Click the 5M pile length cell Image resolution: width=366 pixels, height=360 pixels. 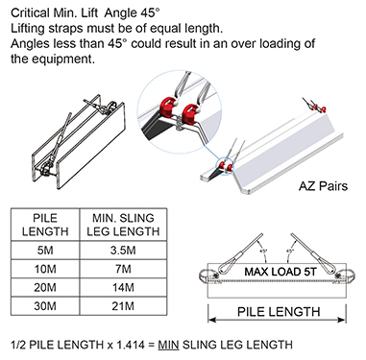click(x=45, y=251)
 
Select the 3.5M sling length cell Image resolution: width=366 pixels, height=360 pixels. click(x=123, y=251)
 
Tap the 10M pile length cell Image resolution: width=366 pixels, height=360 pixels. click(x=45, y=269)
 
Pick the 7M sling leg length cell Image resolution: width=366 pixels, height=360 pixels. click(x=123, y=269)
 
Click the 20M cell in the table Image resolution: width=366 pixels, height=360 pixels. click(x=45, y=287)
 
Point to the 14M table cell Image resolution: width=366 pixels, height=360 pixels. click(x=123, y=287)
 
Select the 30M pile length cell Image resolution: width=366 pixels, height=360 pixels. click(x=45, y=306)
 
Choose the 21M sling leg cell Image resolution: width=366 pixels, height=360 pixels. click(x=123, y=306)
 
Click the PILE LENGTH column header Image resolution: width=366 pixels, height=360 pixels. click(x=45, y=225)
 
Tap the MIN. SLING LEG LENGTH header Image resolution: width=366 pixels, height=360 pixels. click(x=123, y=225)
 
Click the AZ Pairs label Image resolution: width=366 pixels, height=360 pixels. click(x=323, y=186)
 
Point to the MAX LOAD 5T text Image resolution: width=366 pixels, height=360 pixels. click(x=281, y=272)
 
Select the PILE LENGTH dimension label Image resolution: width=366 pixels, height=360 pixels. click(x=279, y=312)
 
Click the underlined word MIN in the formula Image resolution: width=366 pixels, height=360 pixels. click(x=168, y=345)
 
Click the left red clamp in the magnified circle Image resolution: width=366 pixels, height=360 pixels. click(x=167, y=107)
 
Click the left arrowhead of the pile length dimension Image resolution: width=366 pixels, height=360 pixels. click(x=212, y=320)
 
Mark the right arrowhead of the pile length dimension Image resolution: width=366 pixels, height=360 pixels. click(x=342, y=320)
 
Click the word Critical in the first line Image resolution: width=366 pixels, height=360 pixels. click(x=30, y=13)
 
